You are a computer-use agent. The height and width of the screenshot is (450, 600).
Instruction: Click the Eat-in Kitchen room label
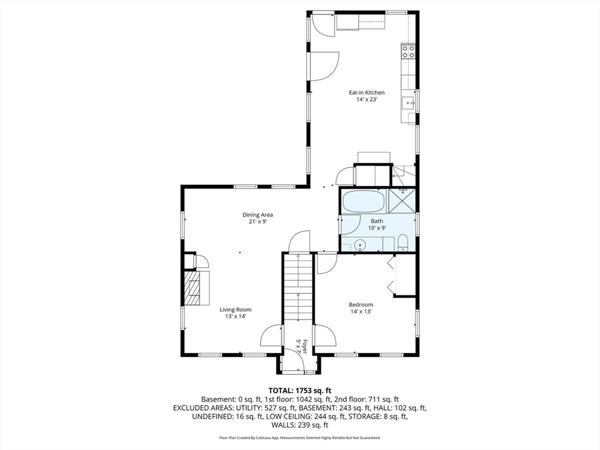coord(367,93)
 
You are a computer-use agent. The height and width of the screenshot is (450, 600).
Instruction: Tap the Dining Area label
coord(258,214)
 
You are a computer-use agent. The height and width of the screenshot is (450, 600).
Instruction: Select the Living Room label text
coord(236,309)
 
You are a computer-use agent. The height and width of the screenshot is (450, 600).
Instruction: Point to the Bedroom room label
coord(361,305)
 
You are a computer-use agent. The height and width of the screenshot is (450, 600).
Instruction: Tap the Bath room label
coord(377,221)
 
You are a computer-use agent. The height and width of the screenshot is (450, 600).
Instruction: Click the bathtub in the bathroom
coord(363,202)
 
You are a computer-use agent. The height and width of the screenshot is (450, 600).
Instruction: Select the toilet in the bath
coord(403,243)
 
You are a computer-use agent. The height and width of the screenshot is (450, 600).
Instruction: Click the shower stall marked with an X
coord(402,200)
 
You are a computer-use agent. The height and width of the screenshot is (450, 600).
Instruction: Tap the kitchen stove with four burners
coord(408,52)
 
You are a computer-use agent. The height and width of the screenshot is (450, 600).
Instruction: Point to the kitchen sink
coord(408,103)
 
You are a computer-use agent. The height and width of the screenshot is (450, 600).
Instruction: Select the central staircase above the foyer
coord(298,287)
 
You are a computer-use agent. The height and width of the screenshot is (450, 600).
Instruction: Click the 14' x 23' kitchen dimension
coord(367,100)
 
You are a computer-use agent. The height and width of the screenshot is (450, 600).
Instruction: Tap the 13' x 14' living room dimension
coord(236,316)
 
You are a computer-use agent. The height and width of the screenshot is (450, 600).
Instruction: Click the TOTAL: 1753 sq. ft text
coord(299,391)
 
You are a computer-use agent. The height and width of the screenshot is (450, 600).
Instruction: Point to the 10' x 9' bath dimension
coord(377,228)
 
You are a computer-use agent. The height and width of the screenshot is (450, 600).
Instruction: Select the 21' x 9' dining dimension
coord(258,221)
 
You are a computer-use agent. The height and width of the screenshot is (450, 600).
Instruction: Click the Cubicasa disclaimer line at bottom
coord(300,437)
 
